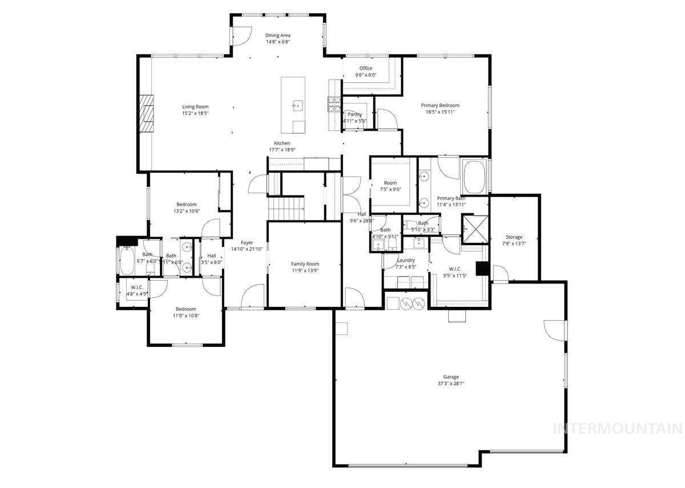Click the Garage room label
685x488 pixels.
tap(451, 377)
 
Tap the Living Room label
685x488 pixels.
tap(195, 107)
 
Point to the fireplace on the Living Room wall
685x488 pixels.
tap(148, 113)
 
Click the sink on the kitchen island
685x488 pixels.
tap(297, 105)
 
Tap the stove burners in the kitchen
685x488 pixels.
tap(333, 103)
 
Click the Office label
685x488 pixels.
tap(366, 69)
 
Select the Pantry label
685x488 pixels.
tap(354, 114)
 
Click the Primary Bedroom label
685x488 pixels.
tap(440, 105)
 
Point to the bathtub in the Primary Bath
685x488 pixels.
tap(474, 178)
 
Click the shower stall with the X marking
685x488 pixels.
tap(475, 229)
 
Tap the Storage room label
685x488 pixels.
tap(514, 237)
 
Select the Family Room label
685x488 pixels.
tap(305, 264)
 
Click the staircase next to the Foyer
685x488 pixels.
tap(286, 207)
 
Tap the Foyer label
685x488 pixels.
tap(247, 243)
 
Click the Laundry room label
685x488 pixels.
tap(406, 260)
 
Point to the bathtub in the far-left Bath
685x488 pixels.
tap(127, 261)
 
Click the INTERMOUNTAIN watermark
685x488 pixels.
tap(618, 428)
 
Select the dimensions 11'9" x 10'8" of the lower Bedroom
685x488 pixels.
tap(186, 315)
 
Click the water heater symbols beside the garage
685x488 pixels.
tap(412, 302)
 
